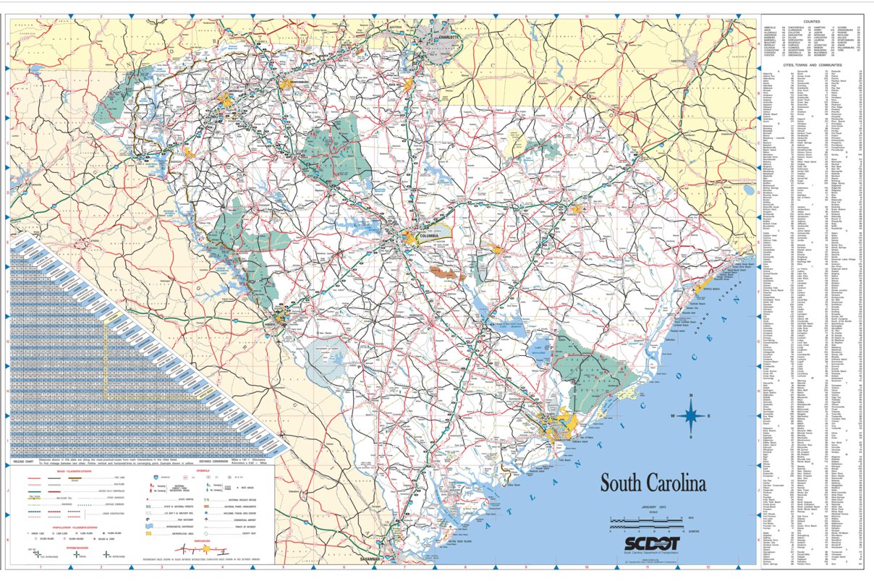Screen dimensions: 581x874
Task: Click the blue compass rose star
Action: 691,415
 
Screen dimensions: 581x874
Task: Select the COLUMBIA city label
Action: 428,236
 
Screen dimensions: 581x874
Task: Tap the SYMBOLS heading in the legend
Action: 203,470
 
